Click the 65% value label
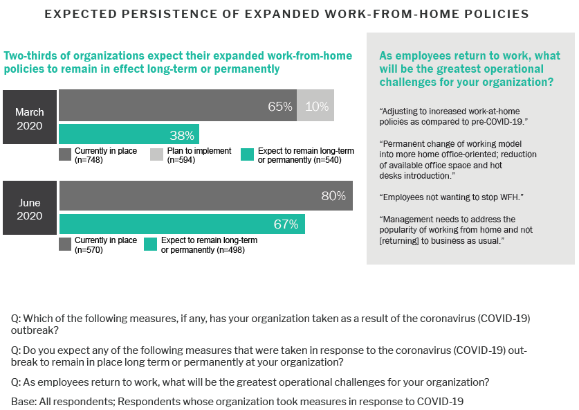coord(280,107)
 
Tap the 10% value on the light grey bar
coord(317,107)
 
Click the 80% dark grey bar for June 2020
coord(205,196)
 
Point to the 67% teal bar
coord(182,224)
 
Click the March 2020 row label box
coord(30,118)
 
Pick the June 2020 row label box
coord(30,209)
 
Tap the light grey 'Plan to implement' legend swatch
coord(157,154)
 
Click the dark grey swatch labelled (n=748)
coord(65,154)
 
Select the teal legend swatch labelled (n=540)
coord(247,154)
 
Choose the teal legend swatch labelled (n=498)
coord(150,244)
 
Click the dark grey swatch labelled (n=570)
coord(65,244)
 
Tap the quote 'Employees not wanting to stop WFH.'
coord(451,197)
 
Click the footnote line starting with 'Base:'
coord(237,402)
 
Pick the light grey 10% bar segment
coord(315,107)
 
